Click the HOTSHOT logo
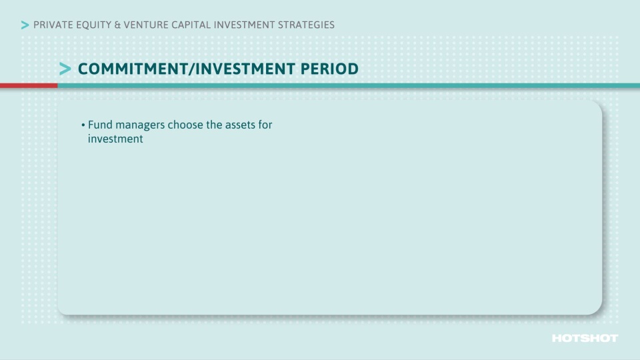(x=585, y=339)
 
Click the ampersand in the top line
(x=118, y=25)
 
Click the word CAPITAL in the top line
(x=193, y=25)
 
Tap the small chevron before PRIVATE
(x=25, y=25)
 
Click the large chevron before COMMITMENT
(x=65, y=69)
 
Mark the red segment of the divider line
(x=29, y=85)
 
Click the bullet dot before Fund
(x=83, y=125)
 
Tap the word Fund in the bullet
(x=99, y=125)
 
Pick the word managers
(x=139, y=125)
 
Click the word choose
(x=186, y=125)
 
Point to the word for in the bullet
(x=265, y=125)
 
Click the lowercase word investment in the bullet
(x=115, y=139)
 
